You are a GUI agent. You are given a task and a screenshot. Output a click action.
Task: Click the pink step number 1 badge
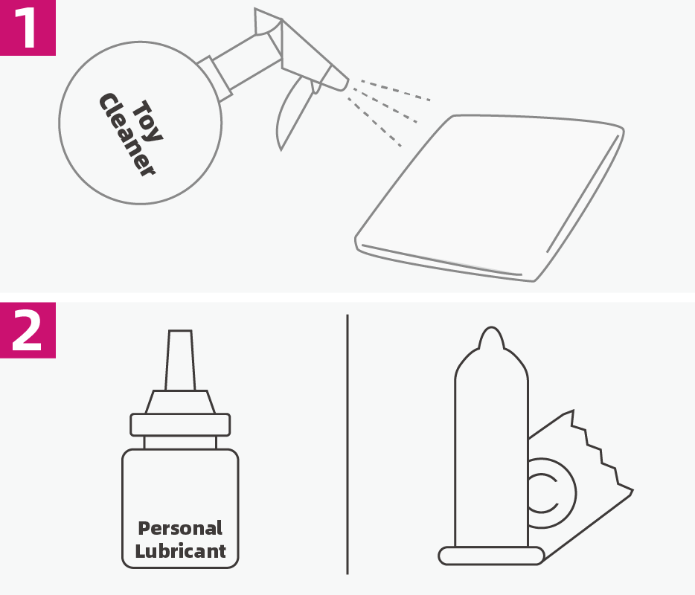click(28, 28)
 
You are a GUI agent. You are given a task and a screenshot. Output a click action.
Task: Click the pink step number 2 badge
click(28, 330)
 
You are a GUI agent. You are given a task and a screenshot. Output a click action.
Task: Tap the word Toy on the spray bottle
click(147, 121)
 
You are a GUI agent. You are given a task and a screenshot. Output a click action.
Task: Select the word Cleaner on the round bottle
click(126, 135)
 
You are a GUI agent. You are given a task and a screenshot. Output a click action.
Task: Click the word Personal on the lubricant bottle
click(180, 528)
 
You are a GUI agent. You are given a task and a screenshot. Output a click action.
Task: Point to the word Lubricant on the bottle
click(180, 551)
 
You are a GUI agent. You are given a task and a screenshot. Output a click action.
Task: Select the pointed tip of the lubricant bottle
click(180, 360)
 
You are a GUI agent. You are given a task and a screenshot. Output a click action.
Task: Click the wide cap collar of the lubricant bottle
click(180, 425)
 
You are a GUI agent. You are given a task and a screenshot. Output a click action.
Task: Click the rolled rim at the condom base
click(491, 556)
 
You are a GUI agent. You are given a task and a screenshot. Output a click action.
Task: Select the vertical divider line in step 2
click(347, 444)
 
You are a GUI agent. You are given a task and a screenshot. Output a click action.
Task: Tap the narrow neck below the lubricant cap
click(180, 443)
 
